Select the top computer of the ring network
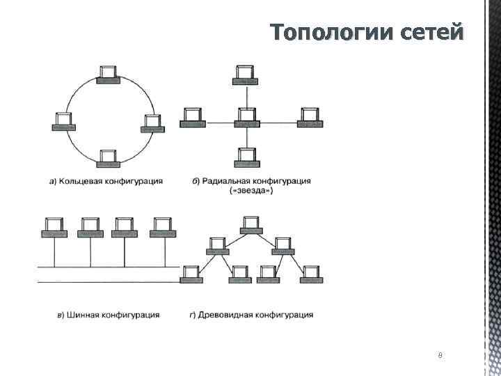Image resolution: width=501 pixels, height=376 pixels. [107, 74]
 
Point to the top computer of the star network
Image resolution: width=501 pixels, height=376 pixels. [246, 74]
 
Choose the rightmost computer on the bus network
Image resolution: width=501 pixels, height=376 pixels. [162, 227]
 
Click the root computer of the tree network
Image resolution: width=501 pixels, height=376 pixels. [251, 226]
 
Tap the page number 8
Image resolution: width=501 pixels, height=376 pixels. [440, 356]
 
